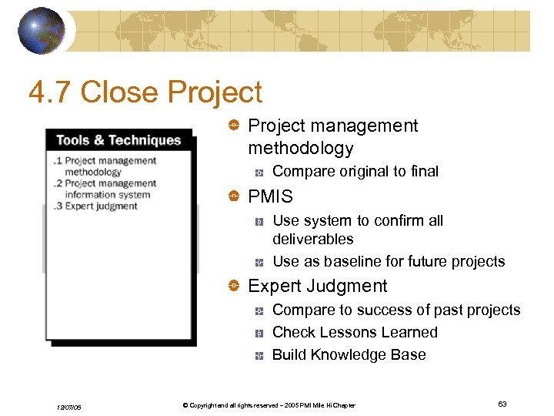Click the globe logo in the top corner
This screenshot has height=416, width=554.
tap(41, 31)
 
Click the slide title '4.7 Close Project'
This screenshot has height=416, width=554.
tap(145, 92)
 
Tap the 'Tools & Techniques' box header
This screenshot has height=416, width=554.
tap(118, 140)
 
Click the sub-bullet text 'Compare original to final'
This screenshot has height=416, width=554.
tap(355, 171)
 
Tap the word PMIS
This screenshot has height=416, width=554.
tap(270, 197)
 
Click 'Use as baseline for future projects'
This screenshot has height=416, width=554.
tap(389, 261)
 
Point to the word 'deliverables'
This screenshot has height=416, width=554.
tap(312, 239)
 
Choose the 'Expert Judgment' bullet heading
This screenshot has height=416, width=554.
tap(317, 286)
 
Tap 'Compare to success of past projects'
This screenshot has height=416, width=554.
tap(396, 310)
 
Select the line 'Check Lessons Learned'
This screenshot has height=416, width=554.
tap(355, 332)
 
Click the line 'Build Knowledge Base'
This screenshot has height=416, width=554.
tap(349, 354)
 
